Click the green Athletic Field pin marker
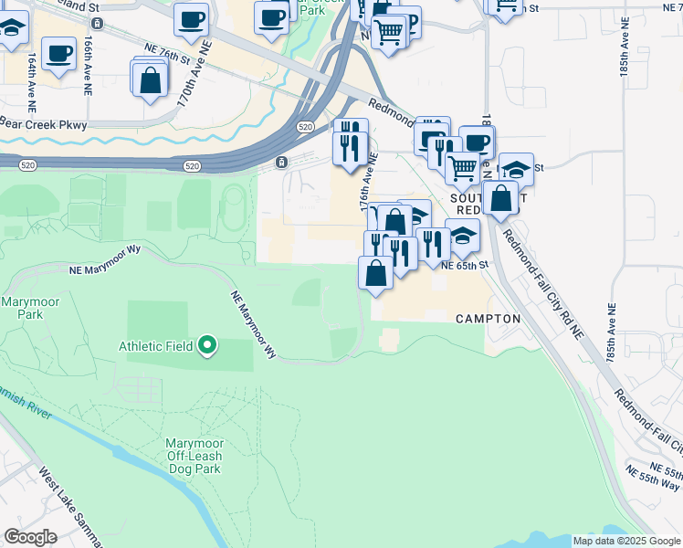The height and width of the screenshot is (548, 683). point(207,345)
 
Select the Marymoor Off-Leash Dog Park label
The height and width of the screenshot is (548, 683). point(194,456)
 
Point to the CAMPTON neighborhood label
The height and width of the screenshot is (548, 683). point(488,319)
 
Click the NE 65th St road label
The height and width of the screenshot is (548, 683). point(466,265)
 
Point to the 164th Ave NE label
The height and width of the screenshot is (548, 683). point(31,75)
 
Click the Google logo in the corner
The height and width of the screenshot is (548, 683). point(29,537)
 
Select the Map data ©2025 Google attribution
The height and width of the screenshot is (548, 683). point(626,541)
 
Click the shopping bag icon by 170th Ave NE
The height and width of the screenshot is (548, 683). point(150,79)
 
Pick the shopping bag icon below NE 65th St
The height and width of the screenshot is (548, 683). point(375,273)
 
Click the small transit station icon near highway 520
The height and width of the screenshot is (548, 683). point(281,163)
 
